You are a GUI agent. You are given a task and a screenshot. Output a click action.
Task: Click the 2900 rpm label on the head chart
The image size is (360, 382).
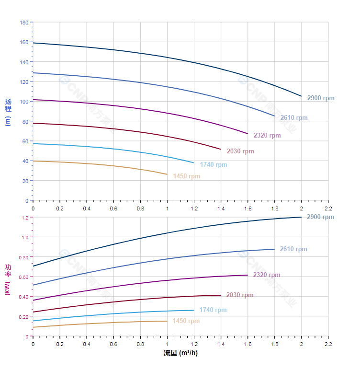320,98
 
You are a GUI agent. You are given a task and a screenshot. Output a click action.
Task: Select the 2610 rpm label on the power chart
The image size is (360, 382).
293,249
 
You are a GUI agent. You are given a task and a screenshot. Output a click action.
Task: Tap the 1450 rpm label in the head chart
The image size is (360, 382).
186,176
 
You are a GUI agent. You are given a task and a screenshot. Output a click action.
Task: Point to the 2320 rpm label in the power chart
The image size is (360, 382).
266,275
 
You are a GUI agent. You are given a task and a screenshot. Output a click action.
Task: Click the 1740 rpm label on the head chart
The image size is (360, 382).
213,165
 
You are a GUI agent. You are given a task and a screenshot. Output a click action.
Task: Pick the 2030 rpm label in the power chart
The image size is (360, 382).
239,295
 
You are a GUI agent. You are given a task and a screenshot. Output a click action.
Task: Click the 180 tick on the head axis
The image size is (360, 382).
24,23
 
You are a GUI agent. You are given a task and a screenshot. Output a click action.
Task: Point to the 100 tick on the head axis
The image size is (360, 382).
24,102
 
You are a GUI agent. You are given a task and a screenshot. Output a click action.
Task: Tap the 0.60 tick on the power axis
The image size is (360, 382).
24,277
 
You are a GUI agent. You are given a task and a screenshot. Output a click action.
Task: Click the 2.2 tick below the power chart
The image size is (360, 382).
328,344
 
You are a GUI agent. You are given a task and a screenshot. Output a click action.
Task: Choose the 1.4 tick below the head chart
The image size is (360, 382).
221,208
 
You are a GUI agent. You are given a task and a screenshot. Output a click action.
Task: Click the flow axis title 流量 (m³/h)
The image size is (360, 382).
180,353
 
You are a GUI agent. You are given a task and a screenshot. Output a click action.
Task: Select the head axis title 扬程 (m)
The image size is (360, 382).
8,112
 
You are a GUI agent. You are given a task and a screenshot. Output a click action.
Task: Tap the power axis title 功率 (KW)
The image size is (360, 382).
8,279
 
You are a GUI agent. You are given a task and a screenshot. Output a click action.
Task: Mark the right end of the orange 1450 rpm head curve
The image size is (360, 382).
167,174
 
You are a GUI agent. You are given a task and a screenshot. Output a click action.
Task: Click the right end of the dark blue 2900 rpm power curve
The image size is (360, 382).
301,217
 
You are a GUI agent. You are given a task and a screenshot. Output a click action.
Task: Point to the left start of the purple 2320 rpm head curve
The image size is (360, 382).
33,100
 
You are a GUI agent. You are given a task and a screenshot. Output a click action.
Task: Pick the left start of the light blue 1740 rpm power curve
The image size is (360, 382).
33,321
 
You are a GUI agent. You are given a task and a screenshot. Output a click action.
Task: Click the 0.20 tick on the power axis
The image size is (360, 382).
24,317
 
